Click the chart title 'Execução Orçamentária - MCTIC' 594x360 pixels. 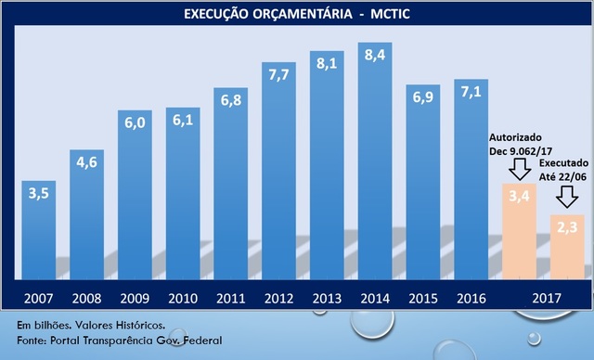pos(297,14)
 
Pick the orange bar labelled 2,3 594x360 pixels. pos(567,247)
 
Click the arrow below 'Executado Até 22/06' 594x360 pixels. pos(567,197)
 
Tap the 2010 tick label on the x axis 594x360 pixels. pos(182,300)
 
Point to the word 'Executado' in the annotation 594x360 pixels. pos(565,161)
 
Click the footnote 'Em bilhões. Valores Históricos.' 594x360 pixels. pos(91,327)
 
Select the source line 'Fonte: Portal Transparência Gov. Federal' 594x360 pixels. pos(119,341)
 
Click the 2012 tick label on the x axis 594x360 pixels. pos(278,300)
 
